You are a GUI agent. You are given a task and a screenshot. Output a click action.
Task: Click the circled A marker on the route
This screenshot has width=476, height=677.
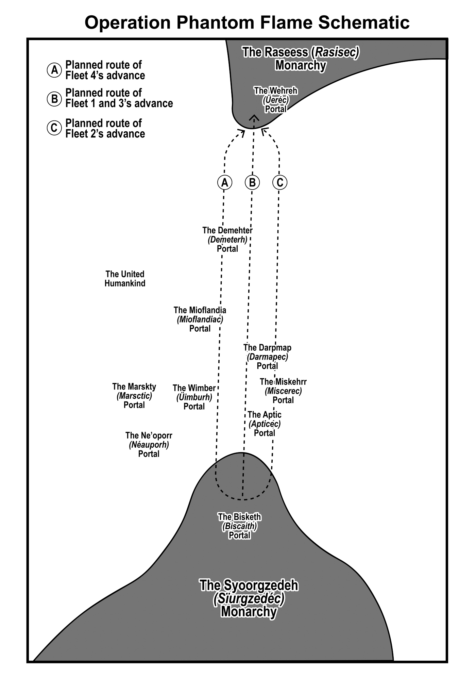(224, 183)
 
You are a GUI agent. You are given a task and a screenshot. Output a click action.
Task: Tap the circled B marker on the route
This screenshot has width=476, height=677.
(252, 183)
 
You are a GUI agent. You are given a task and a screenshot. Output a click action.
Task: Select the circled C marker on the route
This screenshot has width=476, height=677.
(280, 183)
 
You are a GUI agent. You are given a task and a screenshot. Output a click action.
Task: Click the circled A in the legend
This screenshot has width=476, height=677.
(54, 70)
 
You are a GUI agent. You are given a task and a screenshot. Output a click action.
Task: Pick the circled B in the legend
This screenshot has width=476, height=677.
(54, 99)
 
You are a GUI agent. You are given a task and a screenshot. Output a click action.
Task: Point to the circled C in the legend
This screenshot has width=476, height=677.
(54, 128)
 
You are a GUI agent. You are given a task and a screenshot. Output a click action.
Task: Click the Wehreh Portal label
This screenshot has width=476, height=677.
(276, 100)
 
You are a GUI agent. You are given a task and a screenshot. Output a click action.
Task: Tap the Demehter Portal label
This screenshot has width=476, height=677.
(227, 240)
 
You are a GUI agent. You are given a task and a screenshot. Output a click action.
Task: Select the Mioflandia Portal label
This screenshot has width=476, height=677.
(200, 319)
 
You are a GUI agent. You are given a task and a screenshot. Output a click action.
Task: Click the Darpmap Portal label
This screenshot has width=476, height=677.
(267, 357)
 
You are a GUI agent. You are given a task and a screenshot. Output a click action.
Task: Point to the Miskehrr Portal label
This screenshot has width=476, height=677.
(283, 391)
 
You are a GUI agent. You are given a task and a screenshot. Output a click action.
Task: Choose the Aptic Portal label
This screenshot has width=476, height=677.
(265, 424)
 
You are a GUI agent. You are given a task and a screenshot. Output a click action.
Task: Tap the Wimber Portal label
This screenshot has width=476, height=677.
(194, 397)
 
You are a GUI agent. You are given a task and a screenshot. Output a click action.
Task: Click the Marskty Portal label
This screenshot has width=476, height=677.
(134, 396)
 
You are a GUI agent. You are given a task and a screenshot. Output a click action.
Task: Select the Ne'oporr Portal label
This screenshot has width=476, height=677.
(149, 444)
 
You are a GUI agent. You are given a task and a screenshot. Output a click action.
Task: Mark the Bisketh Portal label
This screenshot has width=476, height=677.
(239, 526)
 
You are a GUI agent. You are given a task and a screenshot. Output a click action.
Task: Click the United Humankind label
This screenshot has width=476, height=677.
(125, 279)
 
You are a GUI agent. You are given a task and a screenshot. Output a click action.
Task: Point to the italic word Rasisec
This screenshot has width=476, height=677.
(336, 52)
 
